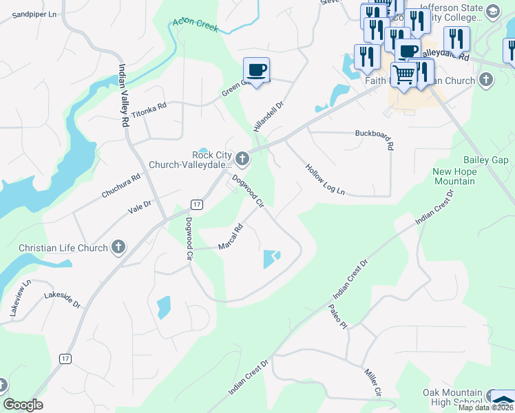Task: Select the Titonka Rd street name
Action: click(x=149, y=112)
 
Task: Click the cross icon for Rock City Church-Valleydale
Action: click(x=242, y=160)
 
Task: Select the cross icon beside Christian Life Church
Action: click(x=118, y=248)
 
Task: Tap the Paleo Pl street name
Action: click(x=337, y=316)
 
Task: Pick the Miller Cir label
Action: click(x=373, y=382)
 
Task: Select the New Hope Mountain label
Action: click(x=454, y=176)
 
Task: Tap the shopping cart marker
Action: click(x=403, y=74)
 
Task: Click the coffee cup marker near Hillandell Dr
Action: click(x=256, y=70)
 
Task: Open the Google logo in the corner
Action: click(x=23, y=405)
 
